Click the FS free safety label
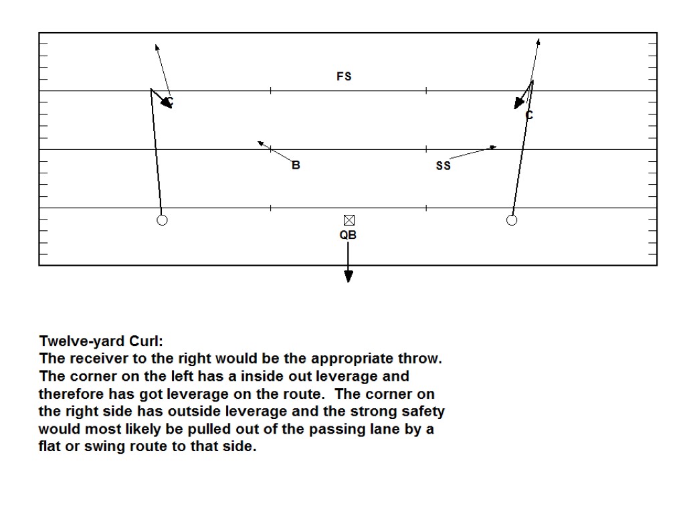[x=344, y=77]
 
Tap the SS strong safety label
[x=443, y=166]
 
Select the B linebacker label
[x=296, y=165]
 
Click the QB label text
[x=348, y=235]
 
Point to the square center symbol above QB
[x=349, y=220]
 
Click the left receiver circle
[x=162, y=220]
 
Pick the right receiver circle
[x=512, y=220]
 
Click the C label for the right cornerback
[x=529, y=115]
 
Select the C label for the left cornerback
[x=170, y=102]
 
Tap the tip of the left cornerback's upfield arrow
[x=156, y=46]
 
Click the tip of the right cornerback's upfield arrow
[x=539, y=40]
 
